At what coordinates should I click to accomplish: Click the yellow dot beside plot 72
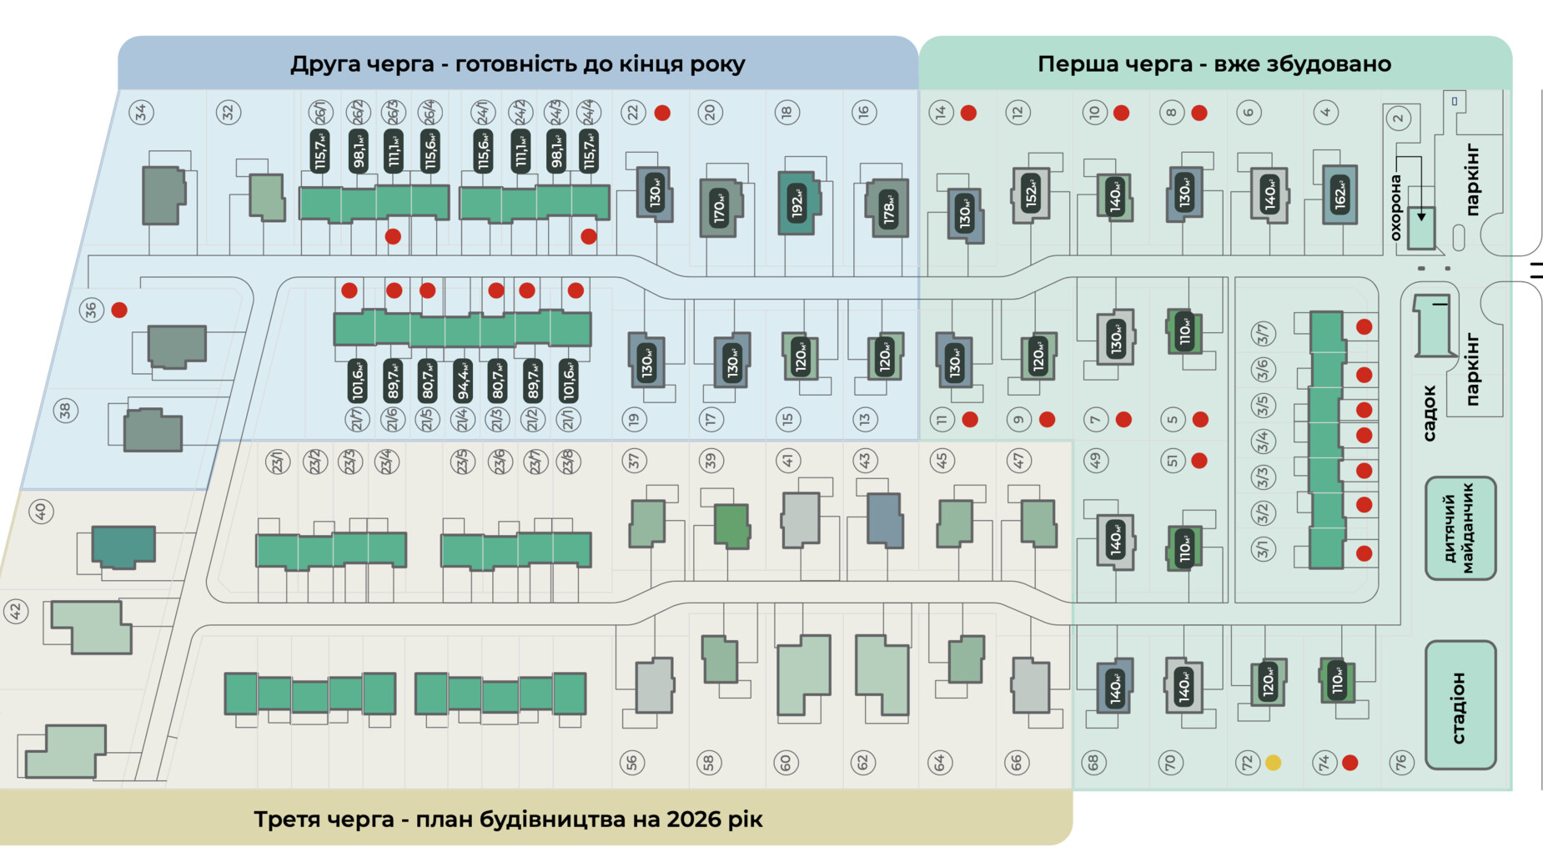pos(1273,762)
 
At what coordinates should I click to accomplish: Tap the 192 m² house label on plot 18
pos(798,203)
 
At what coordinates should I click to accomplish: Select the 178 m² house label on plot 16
pos(889,209)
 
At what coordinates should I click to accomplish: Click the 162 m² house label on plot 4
pos(1339,195)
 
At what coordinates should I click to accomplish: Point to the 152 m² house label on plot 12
pos(1032,194)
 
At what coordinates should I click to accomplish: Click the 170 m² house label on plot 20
pos(719,208)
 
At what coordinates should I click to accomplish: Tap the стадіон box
pos(1460,706)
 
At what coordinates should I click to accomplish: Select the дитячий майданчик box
pos(1460,528)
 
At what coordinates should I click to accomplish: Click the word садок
pos(1429,412)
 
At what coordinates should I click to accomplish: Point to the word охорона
pos(1395,207)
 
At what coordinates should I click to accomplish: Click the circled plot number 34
pos(142,112)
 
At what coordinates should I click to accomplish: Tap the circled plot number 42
pos(16,612)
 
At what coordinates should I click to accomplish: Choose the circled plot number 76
pos(1401,762)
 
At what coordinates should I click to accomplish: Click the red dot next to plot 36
pos(119,310)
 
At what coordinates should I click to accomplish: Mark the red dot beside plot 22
pos(662,113)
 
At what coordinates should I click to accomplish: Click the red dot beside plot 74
pos(1350,762)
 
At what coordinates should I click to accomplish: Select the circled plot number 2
pos(1399,118)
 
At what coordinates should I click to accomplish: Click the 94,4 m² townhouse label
pos(462,381)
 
